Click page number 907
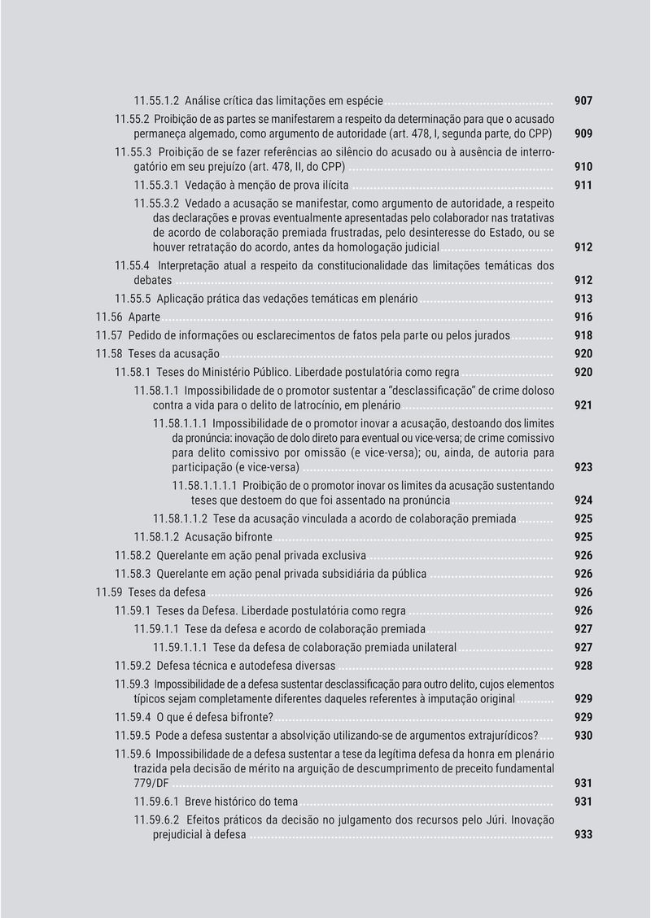point(583,101)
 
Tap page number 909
point(583,132)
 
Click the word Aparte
point(144,317)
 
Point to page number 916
point(583,317)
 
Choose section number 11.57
point(109,335)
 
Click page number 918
point(583,335)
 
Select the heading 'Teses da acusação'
point(174,354)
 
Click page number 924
point(583,501)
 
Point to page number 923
point(583,468)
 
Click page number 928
point(583,666)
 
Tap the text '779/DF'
point(151,783)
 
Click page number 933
point(583,835)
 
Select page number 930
point(583,736)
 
